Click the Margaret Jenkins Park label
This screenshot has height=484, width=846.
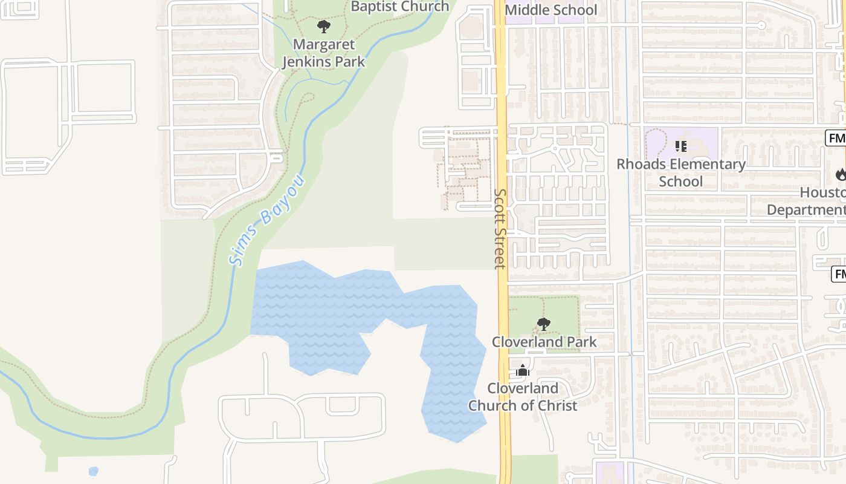324,53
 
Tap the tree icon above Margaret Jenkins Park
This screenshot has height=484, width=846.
324,27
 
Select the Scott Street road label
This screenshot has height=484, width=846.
500,229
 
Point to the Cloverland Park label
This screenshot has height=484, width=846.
544,342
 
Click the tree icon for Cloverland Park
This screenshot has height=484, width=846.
544,324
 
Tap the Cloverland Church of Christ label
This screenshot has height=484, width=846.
523,397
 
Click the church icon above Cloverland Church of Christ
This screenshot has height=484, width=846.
523,370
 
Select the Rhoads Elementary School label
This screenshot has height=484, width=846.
681,172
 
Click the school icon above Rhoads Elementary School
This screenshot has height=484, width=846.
681,146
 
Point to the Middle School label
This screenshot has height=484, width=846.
551,10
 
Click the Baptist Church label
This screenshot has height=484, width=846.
400,7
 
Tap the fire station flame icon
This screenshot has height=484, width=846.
841,175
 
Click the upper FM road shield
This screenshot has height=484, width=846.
837,138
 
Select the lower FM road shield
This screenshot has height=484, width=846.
839,274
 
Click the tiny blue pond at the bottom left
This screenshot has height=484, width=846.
93,471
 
